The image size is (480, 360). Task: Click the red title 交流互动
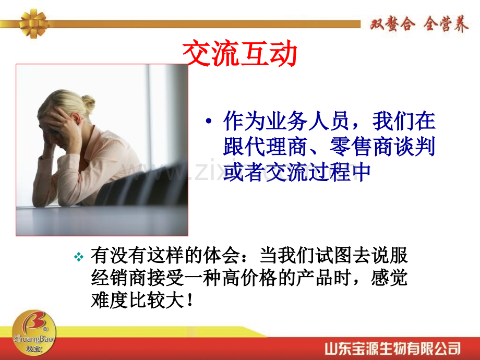239,53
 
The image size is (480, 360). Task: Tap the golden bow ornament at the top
33,23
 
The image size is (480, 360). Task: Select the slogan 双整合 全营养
419,24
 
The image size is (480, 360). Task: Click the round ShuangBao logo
34,332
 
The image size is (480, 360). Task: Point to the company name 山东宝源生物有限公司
392,349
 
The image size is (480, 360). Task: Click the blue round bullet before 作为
209,121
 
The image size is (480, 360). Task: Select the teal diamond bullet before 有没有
79,257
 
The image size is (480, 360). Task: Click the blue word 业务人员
287,121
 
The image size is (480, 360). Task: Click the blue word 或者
244,172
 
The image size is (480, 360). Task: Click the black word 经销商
119,278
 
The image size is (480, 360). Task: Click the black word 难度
110,300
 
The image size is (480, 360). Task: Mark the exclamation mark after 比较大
190,300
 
